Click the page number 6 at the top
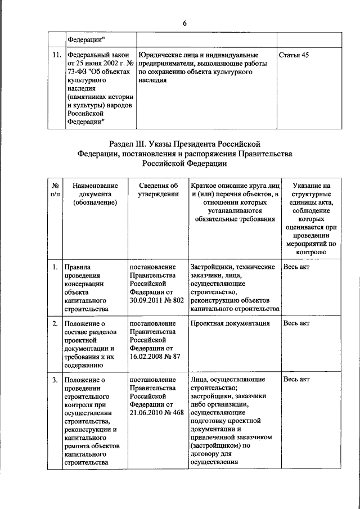tap(184, 23)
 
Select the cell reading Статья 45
tap(294, 55)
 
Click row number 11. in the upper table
tap(56, 55)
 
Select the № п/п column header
tap(56, 190)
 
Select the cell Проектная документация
tap(230, 323)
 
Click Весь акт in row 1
tap(296, 267)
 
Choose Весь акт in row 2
tap(296, 323)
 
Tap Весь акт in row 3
tap(296, 380)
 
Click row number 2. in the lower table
tap(56, 323)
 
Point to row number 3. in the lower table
tap(56, 380)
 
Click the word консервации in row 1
tap(84, 283)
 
